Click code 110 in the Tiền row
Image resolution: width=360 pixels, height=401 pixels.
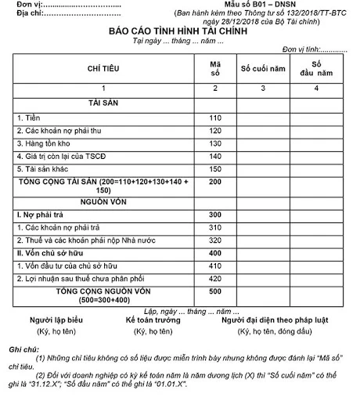point(216,117)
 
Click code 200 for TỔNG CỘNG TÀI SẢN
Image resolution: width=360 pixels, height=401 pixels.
point(216,181)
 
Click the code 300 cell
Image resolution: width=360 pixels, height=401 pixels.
point(216,214)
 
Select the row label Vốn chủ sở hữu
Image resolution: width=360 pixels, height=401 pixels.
point(50,253)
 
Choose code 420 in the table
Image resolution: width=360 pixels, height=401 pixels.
point(216,278)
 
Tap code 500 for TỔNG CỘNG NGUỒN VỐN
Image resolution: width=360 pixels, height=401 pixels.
point(216,291)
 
